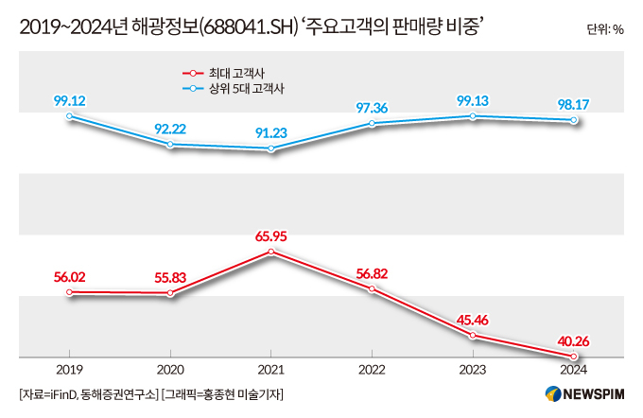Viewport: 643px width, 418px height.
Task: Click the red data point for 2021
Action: [271, 252]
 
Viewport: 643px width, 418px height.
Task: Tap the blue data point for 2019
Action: [69, 115]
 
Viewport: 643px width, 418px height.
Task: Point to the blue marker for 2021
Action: [271, 148]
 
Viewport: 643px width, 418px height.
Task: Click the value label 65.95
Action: [271, 233]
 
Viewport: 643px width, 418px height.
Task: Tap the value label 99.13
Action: [473, 98]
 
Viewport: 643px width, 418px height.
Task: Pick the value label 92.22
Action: [170, 128]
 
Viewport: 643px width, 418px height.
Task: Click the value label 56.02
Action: [69, 276]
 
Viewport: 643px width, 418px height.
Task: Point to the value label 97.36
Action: [372, 106]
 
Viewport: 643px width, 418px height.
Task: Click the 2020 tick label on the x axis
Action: [170, 370]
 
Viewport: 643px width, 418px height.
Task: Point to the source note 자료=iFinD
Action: [53, 394]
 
